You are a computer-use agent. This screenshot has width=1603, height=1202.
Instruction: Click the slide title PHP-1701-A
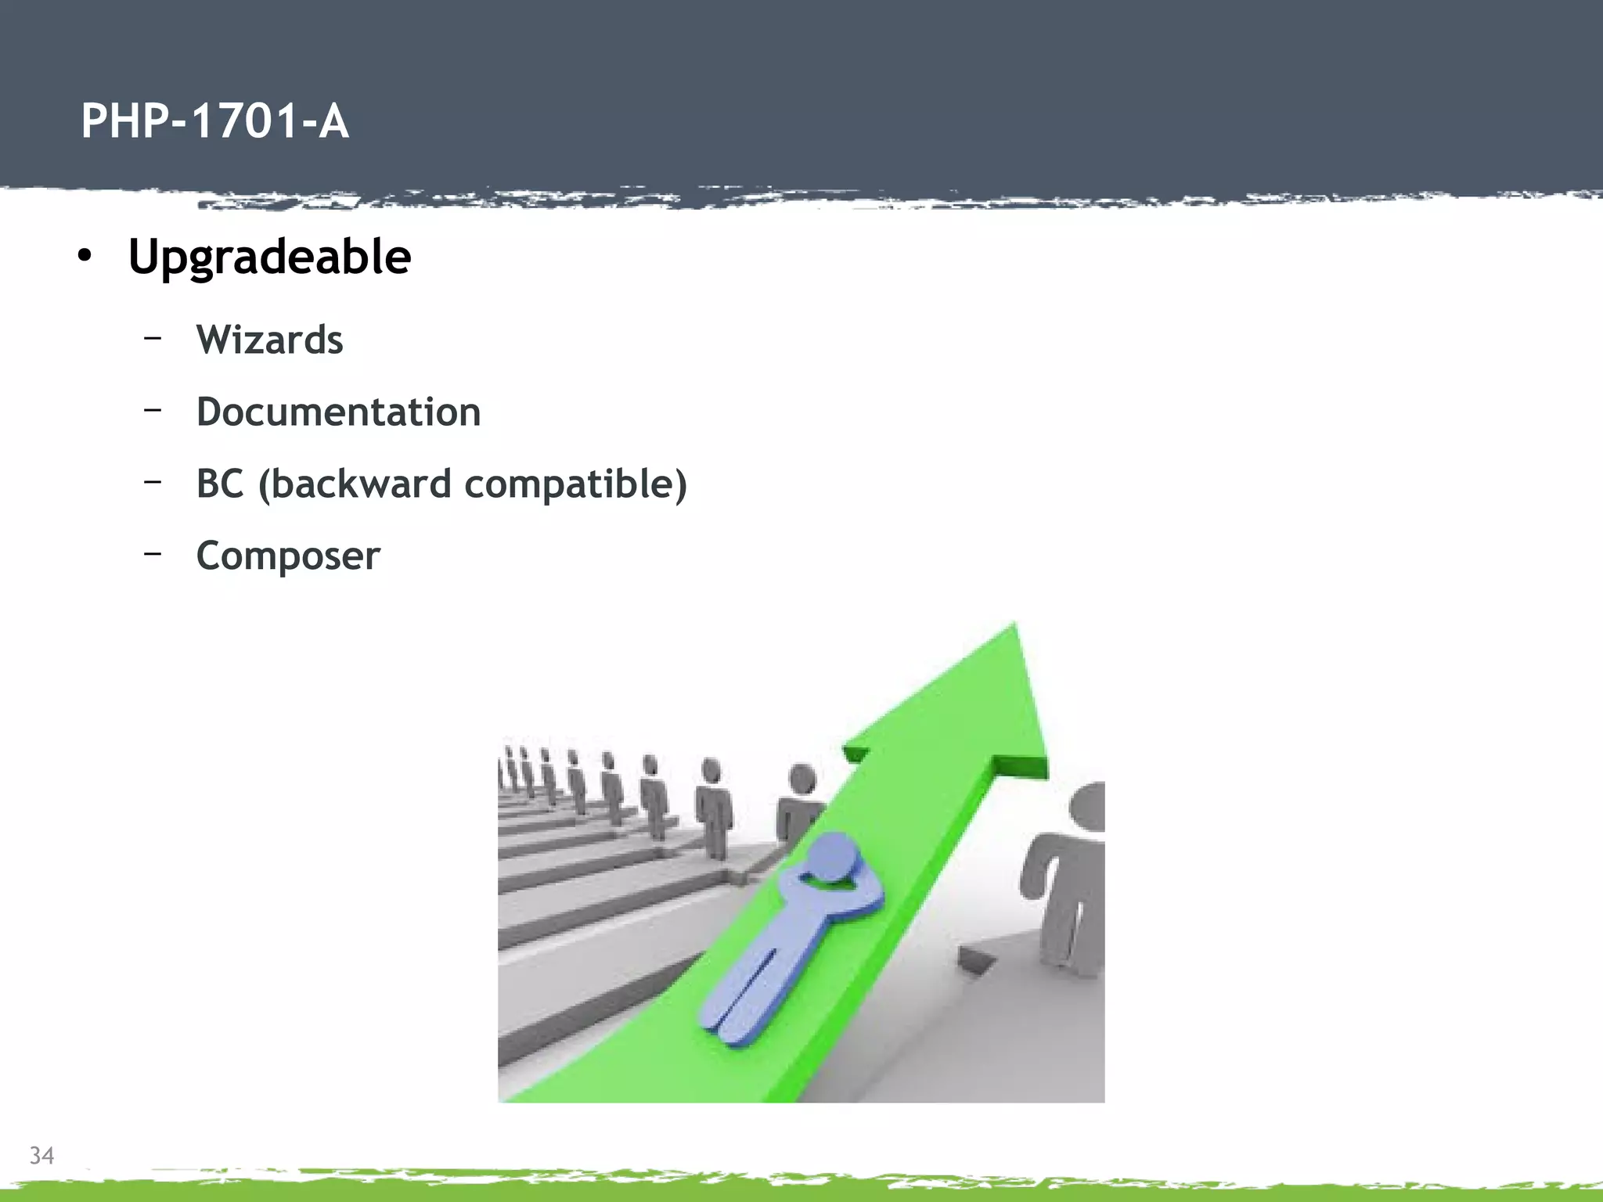[214, 121]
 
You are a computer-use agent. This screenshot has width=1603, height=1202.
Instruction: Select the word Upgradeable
[269, 257]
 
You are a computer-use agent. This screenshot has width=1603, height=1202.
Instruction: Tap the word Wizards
[269, 340]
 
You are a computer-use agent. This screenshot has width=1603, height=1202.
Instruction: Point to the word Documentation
[338, 412]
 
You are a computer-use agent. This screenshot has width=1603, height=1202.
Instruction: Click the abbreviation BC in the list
[220, 484]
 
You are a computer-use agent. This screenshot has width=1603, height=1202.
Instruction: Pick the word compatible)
[575, 484]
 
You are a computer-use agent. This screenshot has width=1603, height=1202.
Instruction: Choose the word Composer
[288, 556]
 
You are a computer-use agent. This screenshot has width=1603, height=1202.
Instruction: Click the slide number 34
[41, 1155]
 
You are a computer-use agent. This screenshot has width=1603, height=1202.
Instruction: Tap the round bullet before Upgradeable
[85, 256]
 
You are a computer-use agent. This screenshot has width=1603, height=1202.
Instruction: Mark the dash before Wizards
[153, 337]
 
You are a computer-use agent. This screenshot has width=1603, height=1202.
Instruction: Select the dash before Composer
[153, 553]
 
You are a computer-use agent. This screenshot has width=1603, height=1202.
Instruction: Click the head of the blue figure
[834, 859]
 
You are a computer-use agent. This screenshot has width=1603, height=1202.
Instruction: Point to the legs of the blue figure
[744, 998]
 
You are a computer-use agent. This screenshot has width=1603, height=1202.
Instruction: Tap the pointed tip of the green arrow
[1014, 626]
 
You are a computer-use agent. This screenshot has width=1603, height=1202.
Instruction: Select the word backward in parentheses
[355, 484]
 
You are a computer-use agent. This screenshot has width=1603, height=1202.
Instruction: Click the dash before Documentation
[153, 409]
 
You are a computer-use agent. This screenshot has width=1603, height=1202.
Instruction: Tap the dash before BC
[153, 481]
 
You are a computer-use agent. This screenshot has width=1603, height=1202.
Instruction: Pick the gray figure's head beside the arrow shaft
[802, 779]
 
